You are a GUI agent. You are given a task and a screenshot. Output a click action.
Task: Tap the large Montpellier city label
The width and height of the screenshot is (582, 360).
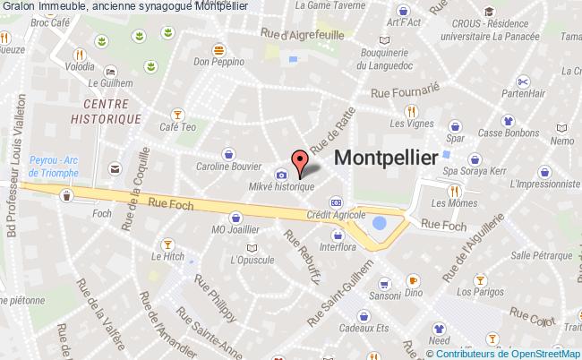(x=386, y=157)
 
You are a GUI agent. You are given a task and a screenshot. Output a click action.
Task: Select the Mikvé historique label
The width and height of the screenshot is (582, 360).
(x=281, y=186)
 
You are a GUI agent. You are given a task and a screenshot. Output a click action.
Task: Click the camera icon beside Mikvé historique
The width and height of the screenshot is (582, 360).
(x=282, y=174)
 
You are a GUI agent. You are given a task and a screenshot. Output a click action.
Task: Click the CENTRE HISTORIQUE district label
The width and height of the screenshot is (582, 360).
(x=107, y=111)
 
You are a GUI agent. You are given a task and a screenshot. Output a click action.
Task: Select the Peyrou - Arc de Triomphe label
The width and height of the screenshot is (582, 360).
(x=56, y=163)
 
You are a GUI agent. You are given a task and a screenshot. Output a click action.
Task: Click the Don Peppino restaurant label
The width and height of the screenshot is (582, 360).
(x=212, y=63)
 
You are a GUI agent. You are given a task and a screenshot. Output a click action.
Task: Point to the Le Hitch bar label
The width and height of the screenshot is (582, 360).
(x=167, y=257)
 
